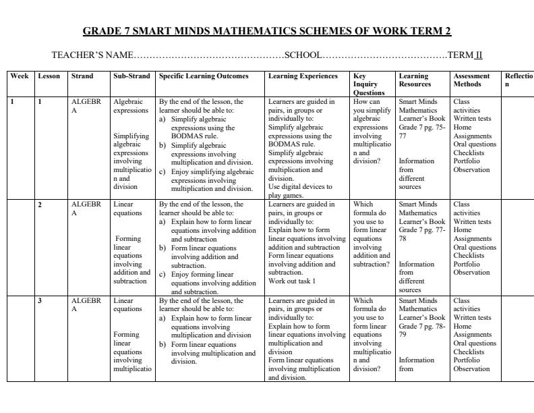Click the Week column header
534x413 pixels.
[19, 76]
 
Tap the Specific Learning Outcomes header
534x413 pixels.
[204, 76]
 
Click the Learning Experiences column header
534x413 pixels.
[303, 76]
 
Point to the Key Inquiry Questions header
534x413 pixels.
[369, 84]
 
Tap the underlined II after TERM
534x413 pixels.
[478, 55]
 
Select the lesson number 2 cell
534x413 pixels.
[40, 204]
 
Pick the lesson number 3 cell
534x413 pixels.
[40, 301]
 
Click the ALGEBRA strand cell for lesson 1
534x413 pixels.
[86, 106]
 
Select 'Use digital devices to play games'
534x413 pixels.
[300, 191]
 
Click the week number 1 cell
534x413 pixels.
[13, 102]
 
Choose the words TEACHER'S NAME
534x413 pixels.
[92, 55]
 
